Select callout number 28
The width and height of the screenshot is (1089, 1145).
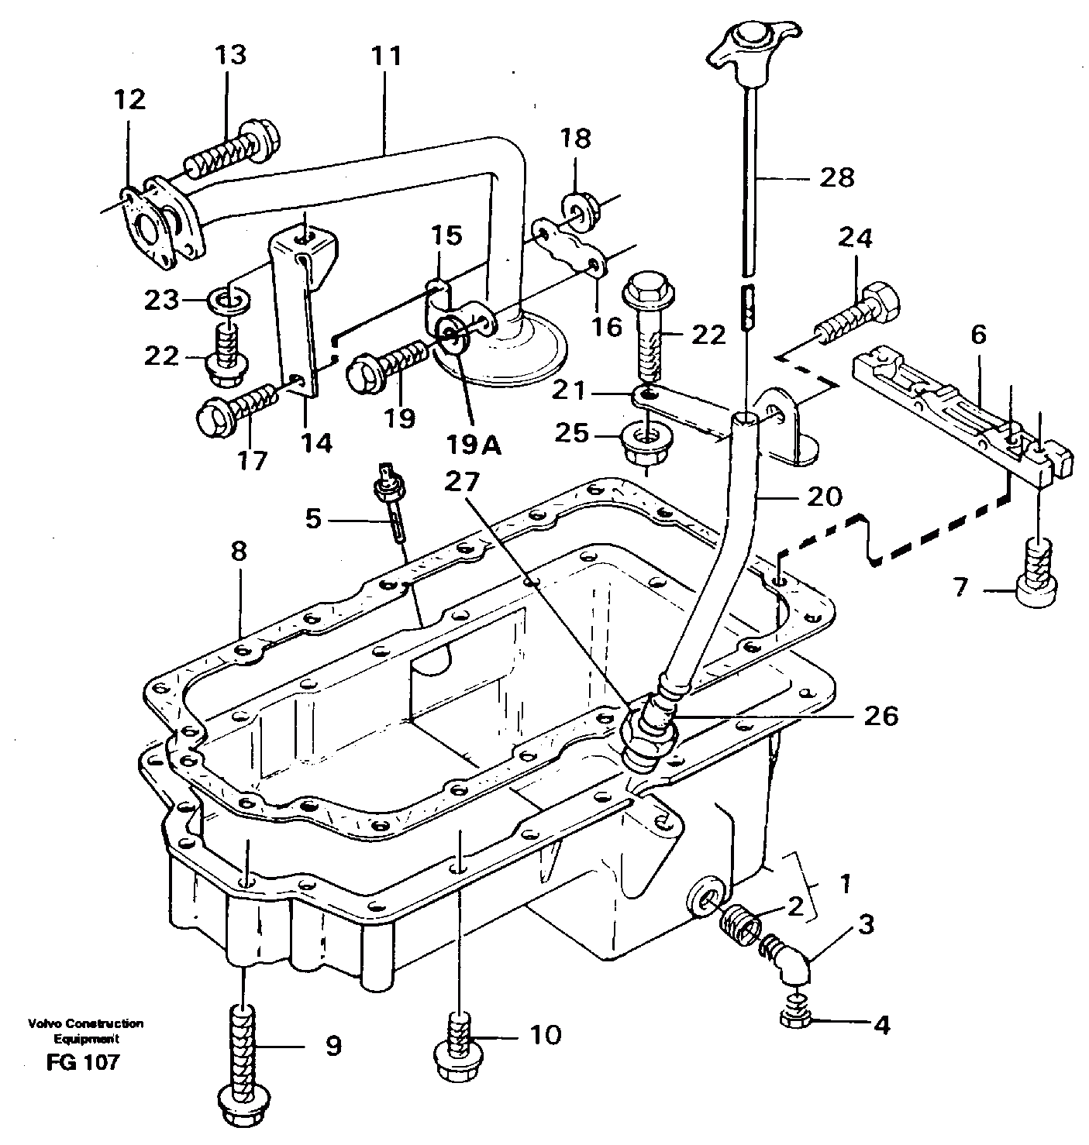click(x=836, y=177)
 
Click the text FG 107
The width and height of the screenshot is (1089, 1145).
click(x=83, y=1061)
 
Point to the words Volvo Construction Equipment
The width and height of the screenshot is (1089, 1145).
click(x=85, y=1030)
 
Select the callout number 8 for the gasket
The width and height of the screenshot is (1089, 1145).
click(x=239, y=552)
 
